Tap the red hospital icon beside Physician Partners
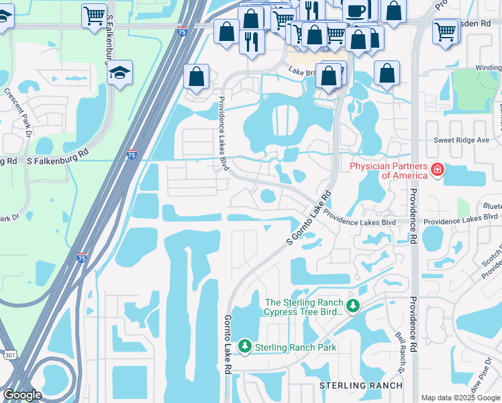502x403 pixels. click(x=438, y=169)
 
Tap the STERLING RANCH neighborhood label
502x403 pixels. click(x=360, y=386)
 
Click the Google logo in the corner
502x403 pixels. click(x=22, y=394)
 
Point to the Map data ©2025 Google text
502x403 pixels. click(x=460, y=398)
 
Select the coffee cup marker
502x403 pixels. click(x=355, y=10)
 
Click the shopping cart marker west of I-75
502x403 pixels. click(x=95, y=14)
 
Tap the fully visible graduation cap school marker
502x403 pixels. click(x=119, y=73)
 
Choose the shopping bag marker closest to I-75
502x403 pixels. click(x=196, y=77)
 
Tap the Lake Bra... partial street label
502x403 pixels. click(x=303, y=71)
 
